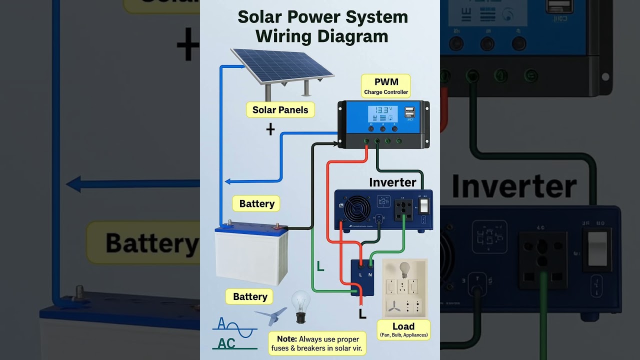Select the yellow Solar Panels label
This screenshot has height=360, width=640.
(280, 110)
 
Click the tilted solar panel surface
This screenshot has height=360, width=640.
(282, 65)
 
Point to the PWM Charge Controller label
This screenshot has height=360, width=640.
(386, 85)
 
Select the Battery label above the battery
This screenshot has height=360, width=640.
(256, 203)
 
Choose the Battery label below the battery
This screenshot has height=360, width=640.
(249, 296)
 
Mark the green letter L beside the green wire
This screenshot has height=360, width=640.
(320, 267)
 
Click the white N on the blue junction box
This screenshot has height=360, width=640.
(370, 274)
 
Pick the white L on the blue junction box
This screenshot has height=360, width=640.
(360, 274)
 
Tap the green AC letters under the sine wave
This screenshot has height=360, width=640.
(226, 343)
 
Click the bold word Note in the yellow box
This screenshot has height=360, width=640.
(286, 339)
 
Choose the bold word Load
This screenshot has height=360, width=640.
(403, 326)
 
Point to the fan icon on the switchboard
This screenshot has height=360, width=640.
(393, 305)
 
